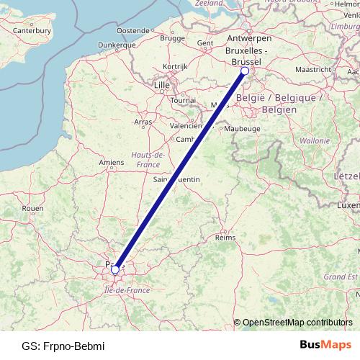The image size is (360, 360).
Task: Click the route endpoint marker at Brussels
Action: tap(245, 71)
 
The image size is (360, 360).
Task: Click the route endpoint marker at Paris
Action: tap(115, 270)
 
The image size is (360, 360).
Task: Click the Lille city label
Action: tap(161, 85)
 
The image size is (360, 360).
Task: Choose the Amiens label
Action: tap(112, 163)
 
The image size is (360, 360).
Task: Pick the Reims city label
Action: tap(225, 237)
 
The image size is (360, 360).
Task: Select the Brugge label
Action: tap(173, 37)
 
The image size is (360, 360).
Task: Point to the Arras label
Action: tap(143, 122)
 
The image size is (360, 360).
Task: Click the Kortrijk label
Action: tap(175, 66)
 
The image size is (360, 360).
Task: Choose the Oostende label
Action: tap(133, 31)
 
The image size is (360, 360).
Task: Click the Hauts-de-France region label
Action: tap(149, 160)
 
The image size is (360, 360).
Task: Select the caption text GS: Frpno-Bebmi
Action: tap(63, 346)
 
